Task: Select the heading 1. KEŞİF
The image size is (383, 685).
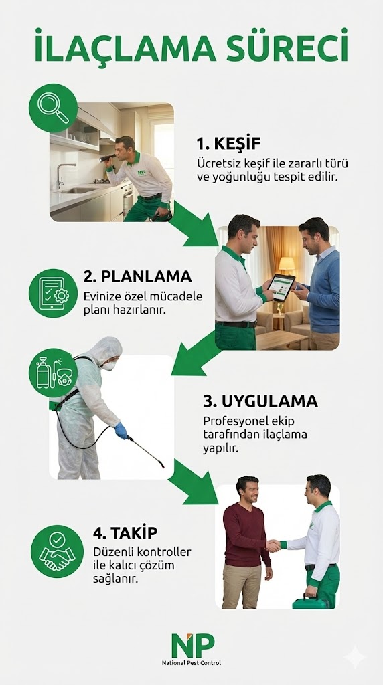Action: click(228, 144)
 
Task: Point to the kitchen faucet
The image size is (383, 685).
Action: click(62, 173)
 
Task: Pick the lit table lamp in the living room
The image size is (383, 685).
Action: click(286, 264)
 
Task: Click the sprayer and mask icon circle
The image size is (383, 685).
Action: click(53, 373)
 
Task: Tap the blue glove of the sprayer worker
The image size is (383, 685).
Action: click(121, 429)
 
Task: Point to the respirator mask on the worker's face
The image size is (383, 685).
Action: click(108, 365)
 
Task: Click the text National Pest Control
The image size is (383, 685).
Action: click(191, 663)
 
